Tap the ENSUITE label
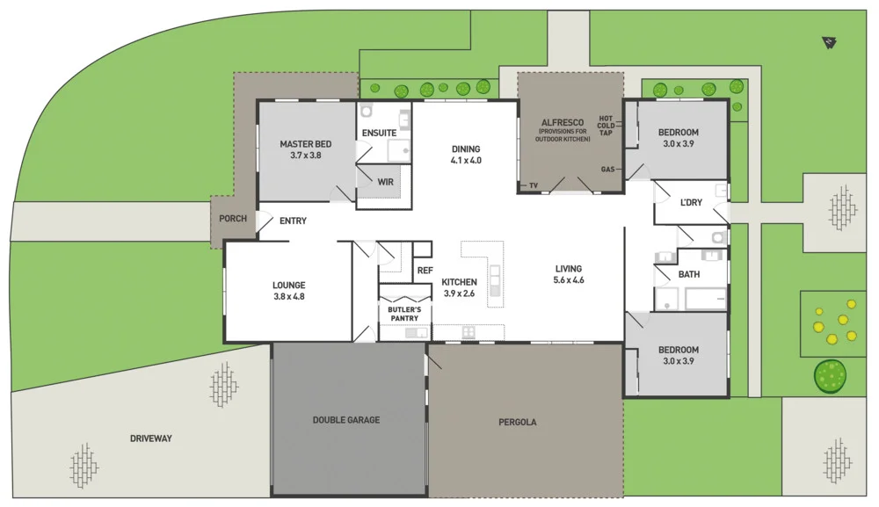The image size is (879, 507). pos(379,134)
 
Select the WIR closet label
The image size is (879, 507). pos(385,183)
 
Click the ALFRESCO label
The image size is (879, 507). pos(563,123)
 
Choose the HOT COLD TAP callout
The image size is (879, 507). pos(606,126)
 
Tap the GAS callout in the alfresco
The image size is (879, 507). pos(607,169)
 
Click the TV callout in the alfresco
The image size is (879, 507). pos(533,185)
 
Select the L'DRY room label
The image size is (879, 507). pos(691,203)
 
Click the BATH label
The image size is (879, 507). pos(689,274)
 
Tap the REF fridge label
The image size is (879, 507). pos(425,271)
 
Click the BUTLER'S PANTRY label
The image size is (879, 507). pos(404,314)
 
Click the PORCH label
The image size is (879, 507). pos(233,219)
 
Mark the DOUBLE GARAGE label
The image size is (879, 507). pos(346,420)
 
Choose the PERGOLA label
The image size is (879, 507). pos(517,423)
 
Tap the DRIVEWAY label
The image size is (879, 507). pos(150,438)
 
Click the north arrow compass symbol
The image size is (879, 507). pos(828,40)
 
